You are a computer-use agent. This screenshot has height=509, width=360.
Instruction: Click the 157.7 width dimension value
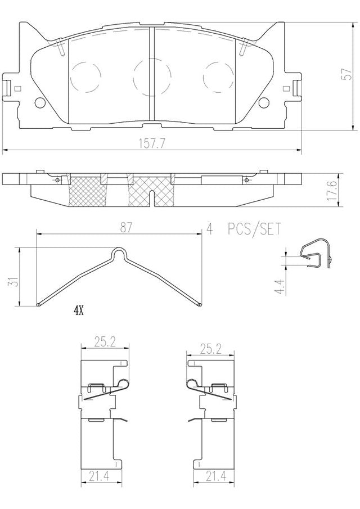(152, 143)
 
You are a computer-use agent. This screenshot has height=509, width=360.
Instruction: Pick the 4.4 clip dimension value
(280, 287)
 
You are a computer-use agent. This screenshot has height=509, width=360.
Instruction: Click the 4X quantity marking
(79, 312)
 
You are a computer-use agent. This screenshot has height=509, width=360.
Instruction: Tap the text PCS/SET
(254, 229)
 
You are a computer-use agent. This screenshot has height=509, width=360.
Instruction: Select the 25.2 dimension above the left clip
(105, 341)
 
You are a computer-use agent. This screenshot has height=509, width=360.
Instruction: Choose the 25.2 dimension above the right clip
(210, 349)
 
